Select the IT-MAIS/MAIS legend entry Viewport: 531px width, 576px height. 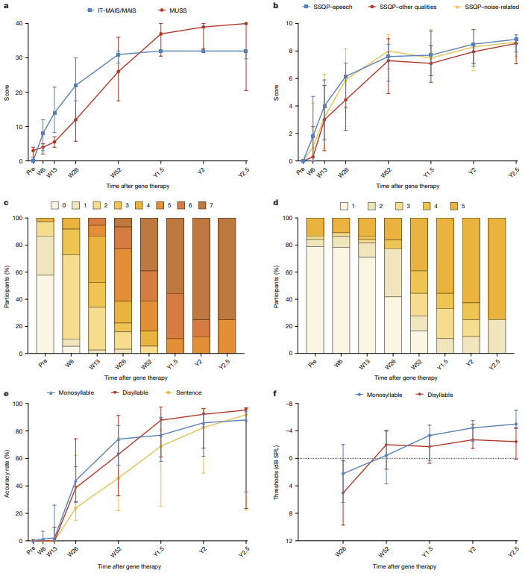113,11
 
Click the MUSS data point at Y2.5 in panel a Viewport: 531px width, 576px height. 245,24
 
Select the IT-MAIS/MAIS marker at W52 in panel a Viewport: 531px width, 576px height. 118,54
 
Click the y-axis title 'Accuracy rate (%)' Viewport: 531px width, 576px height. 7,472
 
